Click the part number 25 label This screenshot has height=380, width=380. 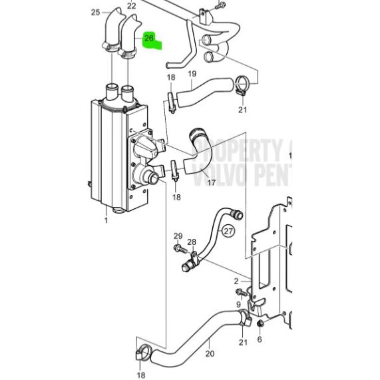click(95, 13)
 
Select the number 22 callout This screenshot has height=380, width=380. click(131, 6)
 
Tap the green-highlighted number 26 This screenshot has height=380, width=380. click(149, 39)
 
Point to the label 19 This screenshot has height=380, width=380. click(192, 74)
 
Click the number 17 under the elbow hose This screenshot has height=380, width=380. click(212, 181)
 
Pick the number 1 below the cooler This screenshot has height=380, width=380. click(106, 220)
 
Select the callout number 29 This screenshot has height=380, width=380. click(178, 237)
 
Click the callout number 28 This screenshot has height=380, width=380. click(192, 242)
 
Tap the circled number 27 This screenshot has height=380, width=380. click(228, 232)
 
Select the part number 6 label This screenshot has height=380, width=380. click(260, 339)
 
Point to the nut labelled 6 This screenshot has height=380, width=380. click(260, 323)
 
